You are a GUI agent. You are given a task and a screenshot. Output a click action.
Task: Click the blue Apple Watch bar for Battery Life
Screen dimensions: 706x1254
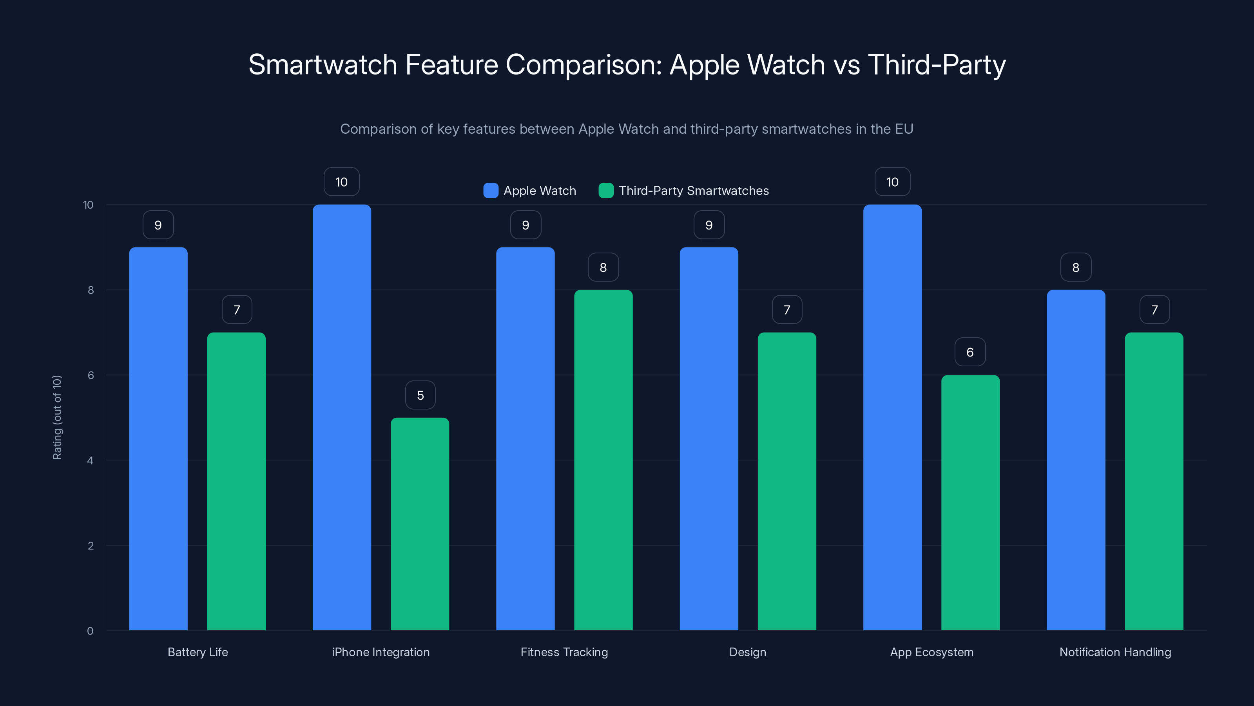pyautogui.click(x=158, y=439)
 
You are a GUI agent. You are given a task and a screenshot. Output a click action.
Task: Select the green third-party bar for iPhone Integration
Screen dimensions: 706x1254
pyautogui.click(x=420, y=524)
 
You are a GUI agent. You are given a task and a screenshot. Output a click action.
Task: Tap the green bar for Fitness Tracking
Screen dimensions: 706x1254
pyautogui.click(x=603, y=460)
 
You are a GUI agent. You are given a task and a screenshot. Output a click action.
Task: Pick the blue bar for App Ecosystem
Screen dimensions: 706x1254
pyautogui.click(x=892, y=418)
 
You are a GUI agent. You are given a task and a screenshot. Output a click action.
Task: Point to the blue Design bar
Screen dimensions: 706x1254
pyautogui.click(x=709, y=439)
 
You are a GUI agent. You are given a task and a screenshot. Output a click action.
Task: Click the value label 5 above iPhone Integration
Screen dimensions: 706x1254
pyautogui.click(x=420, y=395)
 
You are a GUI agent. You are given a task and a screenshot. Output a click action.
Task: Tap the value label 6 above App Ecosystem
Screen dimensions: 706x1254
pyautogui.click(x=970, y=352)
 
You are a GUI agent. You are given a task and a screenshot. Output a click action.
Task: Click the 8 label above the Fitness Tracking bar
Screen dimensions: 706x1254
pyautogui.click(x=603, y=267)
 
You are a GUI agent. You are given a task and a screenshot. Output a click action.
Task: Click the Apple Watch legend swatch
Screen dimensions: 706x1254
pyautogui.click(x=491, y=191)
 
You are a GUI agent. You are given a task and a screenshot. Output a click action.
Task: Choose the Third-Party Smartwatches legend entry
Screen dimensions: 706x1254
pyautogui.click(x=693, y=191)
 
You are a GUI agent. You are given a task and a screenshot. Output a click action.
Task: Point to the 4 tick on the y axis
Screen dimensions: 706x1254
pyautogui.click(x=90, y=460)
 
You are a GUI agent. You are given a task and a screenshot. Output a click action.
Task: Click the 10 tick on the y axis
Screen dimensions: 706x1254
pyautogui.click(x=88, y=205)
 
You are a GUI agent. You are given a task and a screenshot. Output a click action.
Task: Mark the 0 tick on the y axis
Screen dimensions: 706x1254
pyautogui.click(x=90, y=631)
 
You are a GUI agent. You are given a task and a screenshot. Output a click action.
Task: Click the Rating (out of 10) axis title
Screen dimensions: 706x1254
pyautogui.click(x=57, y=418)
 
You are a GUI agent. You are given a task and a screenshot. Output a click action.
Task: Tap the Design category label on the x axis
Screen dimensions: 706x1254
pyautogui.click(x=747, y=652)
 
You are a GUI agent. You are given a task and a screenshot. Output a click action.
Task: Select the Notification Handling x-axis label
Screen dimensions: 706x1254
pyautogui.click(x=1115, y=652)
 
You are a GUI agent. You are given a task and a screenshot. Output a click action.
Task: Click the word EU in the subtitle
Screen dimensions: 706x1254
pyautogui.click(x=904, y=129)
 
